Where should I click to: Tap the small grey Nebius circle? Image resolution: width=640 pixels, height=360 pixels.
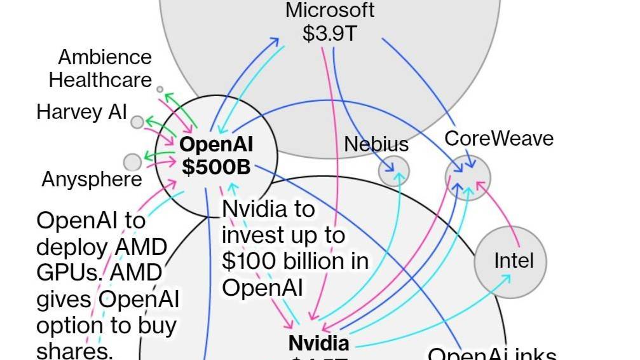point(394,170)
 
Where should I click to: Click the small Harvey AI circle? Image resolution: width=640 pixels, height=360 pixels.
point(137,121)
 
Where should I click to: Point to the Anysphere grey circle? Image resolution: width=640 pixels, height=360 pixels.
point(132,162)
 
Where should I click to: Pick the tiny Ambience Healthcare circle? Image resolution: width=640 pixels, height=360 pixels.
point(160,90)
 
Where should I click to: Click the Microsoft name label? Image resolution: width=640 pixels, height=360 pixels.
point(330,10)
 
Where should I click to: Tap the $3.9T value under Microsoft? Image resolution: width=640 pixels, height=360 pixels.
point(330,33)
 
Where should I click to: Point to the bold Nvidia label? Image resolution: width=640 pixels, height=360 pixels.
point(318,343)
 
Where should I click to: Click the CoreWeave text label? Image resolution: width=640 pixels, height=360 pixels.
point(499,139)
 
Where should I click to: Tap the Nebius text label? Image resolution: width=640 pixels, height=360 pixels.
point(376,144)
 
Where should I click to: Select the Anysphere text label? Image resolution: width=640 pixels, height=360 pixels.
point(92,179)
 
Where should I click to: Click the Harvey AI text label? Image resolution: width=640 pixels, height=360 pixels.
point(82,112)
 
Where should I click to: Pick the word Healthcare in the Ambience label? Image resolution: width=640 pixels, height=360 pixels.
point(100,80)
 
